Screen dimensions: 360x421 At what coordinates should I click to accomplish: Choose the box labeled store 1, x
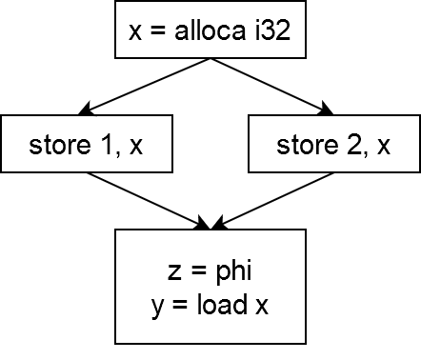pyautogui.click(x=86, y=146)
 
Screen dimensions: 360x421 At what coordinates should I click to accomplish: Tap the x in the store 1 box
pyautogui.click(x=135, y=147)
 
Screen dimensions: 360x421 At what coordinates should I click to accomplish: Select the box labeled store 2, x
pyautogui.click(x=332, y=146)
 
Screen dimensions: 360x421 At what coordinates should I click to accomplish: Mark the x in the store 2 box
pyautogui.click(x=383, y=147)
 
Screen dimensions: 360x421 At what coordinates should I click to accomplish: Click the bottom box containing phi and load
pyautogui.click(x=210, y=286)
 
